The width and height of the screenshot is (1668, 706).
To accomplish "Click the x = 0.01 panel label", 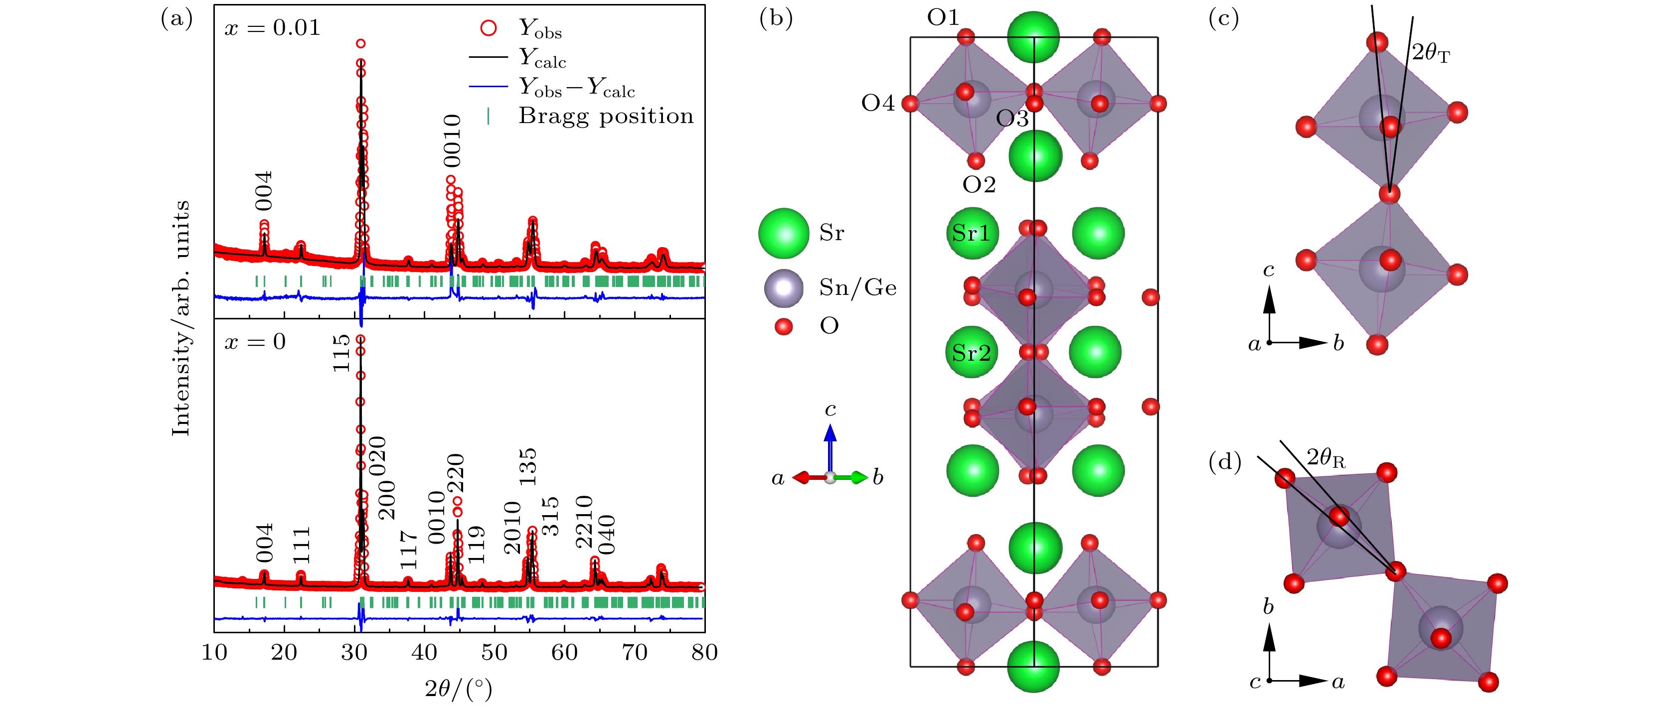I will coord(272,28).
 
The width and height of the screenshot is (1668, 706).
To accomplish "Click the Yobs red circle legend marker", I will coord(488,28).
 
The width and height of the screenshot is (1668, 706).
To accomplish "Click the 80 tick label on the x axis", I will coord(704,652).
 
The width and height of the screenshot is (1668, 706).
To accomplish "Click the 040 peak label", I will coord(606,535).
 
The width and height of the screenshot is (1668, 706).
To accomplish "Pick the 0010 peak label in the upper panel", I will coord(452,141).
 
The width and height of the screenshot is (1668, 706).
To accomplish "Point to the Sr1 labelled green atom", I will coord(971,233).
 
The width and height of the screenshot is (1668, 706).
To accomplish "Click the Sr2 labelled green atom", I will coord(971,353).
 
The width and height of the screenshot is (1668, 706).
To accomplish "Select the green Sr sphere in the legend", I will coord(784,234).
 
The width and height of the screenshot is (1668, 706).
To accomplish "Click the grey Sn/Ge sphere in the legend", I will coord(784,288).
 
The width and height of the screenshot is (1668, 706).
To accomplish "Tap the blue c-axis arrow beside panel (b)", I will coord(830,447).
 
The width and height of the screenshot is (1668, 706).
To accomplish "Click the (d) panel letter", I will coord(1224,462).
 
